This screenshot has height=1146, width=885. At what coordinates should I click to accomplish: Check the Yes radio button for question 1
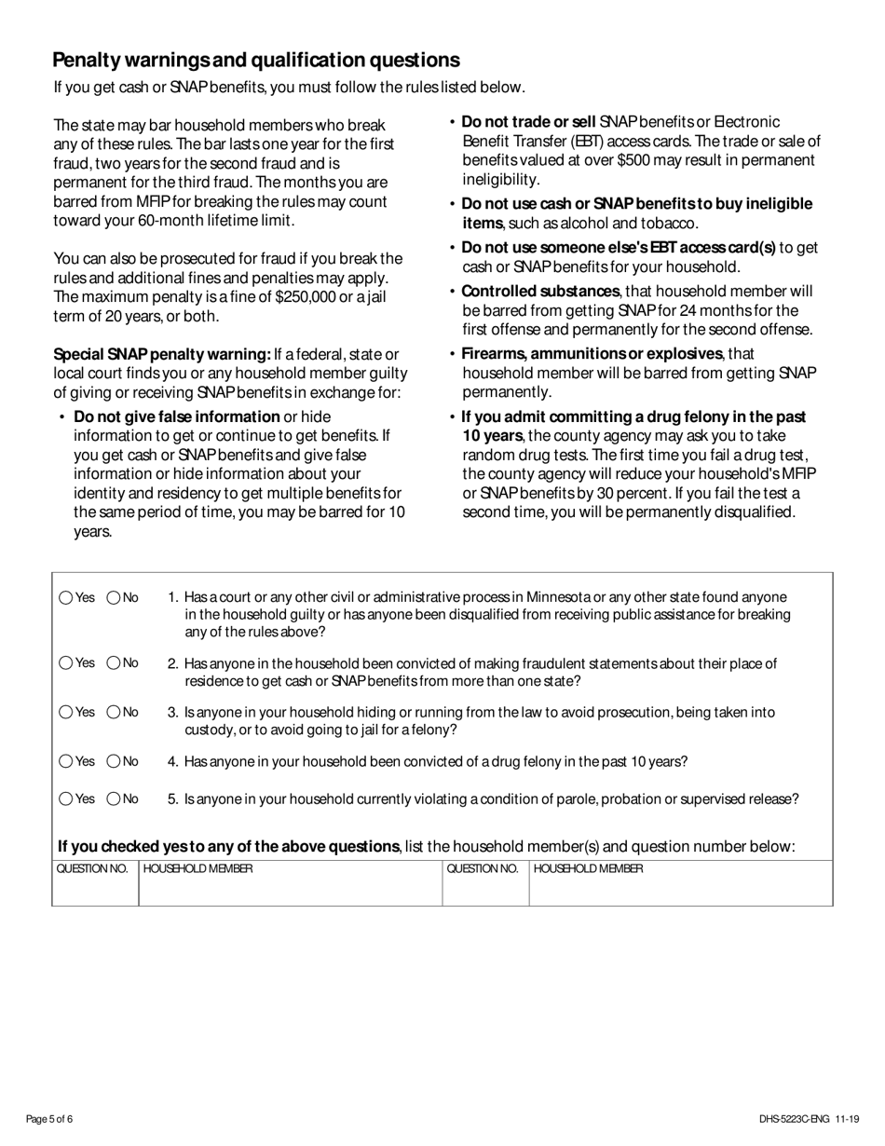pos(66,598)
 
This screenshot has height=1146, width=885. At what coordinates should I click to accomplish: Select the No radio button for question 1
pos(114,598)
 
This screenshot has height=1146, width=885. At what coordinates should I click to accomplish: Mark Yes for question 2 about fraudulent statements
pos(66,663)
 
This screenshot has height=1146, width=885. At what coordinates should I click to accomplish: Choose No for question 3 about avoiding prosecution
pos(114,713)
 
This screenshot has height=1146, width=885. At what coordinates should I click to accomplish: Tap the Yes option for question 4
pos(66,761)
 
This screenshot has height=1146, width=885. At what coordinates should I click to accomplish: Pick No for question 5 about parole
pos(114,798)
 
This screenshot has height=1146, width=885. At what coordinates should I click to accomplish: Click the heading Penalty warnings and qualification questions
pos(256,61)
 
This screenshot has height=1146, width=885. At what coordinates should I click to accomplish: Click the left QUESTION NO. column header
pos(92,868)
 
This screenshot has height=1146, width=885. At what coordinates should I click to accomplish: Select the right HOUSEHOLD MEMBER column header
pos(588,868)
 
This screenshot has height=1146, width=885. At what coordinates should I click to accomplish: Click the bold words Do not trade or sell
pos(528,122)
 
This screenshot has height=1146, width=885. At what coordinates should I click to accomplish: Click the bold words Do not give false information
pos(176,416)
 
